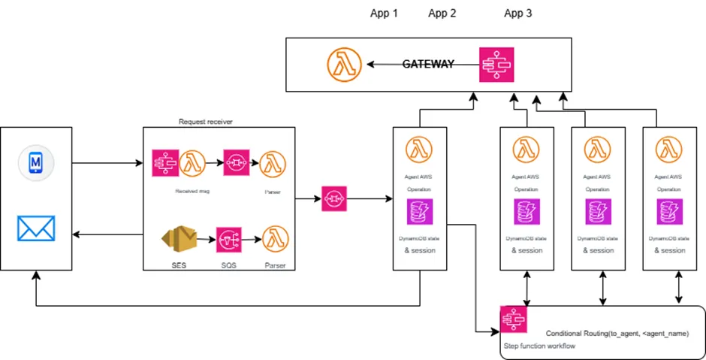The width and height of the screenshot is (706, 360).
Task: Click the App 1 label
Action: [x=384, y=14]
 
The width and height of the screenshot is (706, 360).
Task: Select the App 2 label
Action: [x=442, y=14]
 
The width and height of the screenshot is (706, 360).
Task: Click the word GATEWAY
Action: [x=428, y=65]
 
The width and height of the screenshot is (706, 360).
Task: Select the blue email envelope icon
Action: [x=36, y=228]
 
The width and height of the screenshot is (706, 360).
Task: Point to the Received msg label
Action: [x=192, y=192]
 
